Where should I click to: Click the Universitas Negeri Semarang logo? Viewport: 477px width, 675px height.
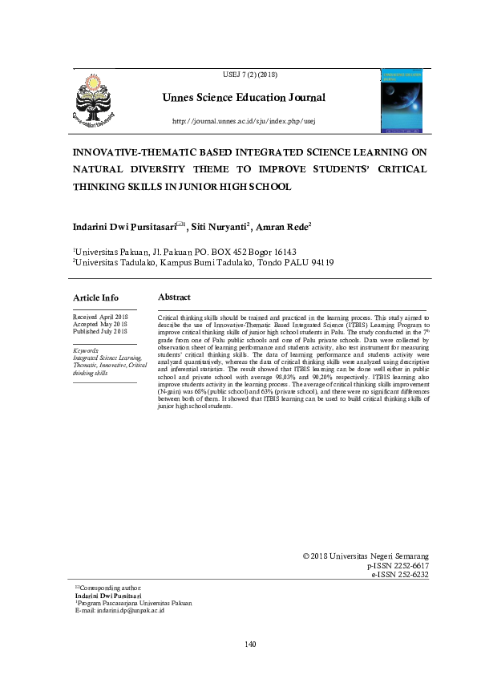click(x=95, y=101)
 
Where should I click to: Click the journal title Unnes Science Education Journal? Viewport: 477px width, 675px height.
click(x=244, y=98)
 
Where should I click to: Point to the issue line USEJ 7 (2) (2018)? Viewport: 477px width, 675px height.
click(x=245, y=75)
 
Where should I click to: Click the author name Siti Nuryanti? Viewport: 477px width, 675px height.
click(x=227, y=228)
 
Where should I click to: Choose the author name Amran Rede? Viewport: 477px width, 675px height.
click(x=287, y=228)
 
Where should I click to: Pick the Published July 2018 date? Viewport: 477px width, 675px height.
click(x=100, y=331)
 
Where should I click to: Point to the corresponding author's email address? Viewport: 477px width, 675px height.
click(x=119, y=611)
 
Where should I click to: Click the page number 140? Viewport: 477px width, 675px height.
click(x=250, y=644)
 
